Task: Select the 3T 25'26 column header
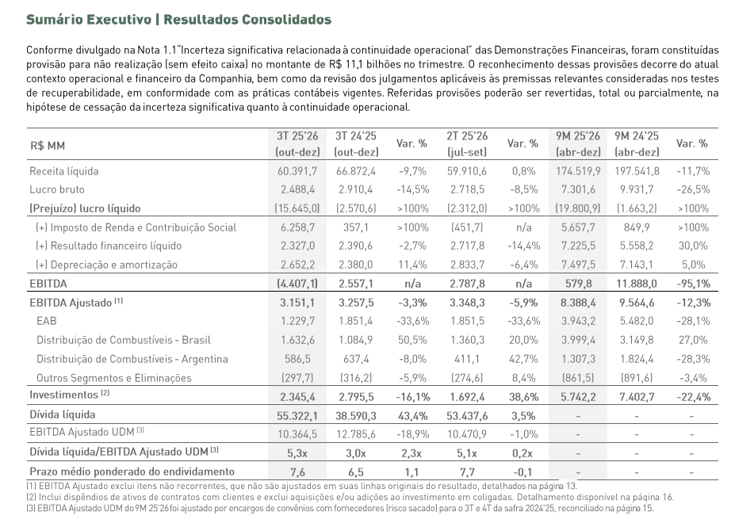click(x=298, y=144)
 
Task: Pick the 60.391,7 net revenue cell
click(x=298, y=171)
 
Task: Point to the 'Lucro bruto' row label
click(x=57, y=190)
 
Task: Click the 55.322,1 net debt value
click(x=298, y=414)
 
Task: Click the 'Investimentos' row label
click(x=63, y=395)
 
